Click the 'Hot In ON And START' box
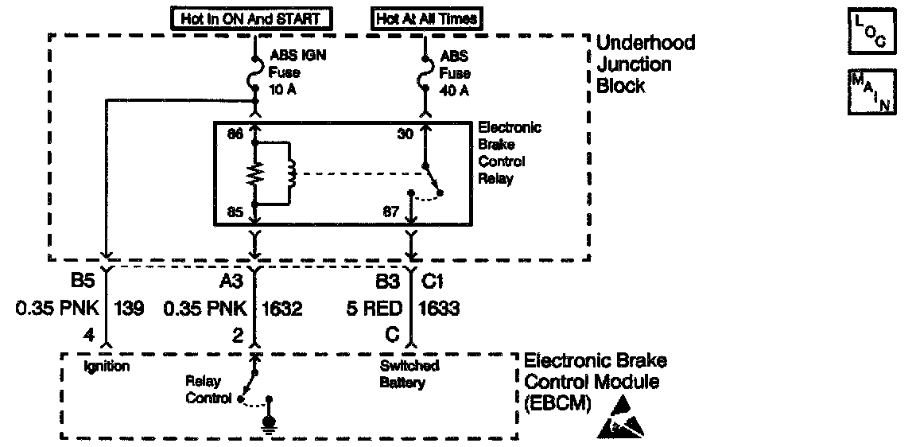pyautogui.click(x=250, y=17)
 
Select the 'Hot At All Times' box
pyautogui.click(x=426, y=17)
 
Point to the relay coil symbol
pyautogui.click(x=290, y=173)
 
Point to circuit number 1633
pyautogui.click(x=438, y=308)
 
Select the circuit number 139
pyautogui.click(x=129, y=308)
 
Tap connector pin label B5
pyautogui.click(x=83, y=282)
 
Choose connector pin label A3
pyautogui.click(x=232, y=282)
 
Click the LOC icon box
pyautogui.click(x=872, y=32)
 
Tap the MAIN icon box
pyautogui.click(x=872, y=91)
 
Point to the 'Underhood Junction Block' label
pyautogui.click(x=646, y=64)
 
